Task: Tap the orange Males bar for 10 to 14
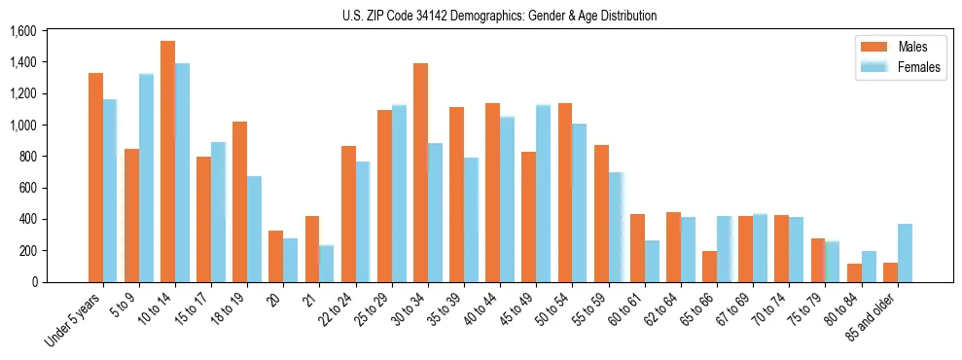[167, 162]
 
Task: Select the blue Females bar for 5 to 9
[146, 178]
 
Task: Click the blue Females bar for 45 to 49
[543, 194]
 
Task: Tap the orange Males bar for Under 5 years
[95, 177]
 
